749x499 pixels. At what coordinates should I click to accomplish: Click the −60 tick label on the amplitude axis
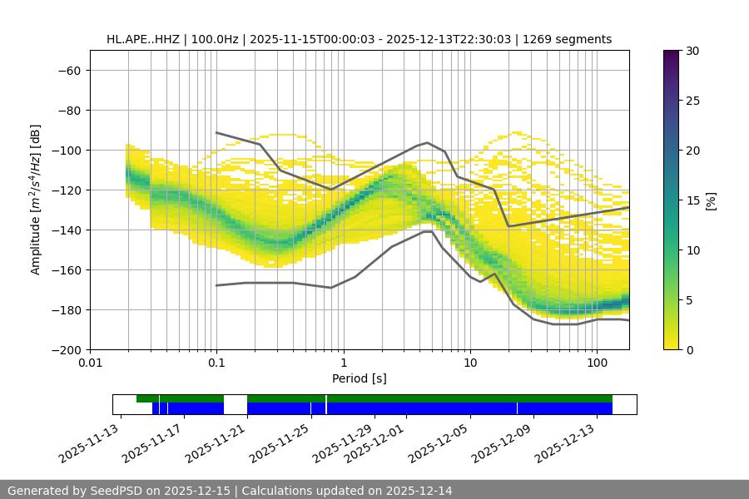pos(67,70)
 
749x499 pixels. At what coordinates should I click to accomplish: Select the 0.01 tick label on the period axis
pos(90,363)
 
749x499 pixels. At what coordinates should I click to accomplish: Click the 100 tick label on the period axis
pos(597,363)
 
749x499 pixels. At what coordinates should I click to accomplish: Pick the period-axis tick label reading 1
pos(343,363)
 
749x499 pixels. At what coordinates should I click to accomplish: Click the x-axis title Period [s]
pos(359,378)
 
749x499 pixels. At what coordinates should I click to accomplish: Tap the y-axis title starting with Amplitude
pos(36,200)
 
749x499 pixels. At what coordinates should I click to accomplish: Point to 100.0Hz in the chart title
pos(216,39)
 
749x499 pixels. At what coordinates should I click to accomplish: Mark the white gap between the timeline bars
pos(236,404)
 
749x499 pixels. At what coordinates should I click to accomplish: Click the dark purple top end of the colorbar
pos(672,55)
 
